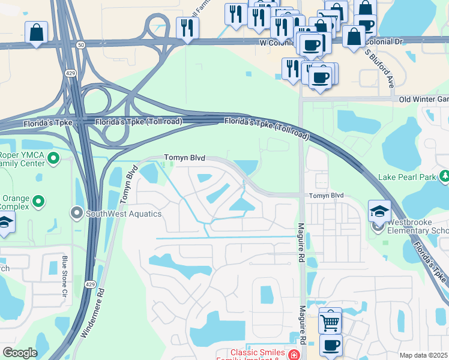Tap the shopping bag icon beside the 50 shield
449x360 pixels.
tap(36, 32)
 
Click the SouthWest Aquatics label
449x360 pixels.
tap(124, 213)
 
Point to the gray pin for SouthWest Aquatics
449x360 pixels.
tap(77, 213)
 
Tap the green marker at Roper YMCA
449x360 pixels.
tap(53, 158)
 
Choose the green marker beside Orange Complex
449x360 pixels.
tap(39, 201)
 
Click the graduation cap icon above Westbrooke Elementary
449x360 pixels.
tap(379, 211)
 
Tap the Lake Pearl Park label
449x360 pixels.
tap(406, 178)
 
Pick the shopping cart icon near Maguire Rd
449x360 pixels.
tap(330, 321)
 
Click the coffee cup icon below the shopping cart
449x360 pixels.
tap(330, 345)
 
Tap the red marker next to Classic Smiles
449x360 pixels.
tap(293, 355)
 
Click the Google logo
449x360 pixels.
tap(20, 353)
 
